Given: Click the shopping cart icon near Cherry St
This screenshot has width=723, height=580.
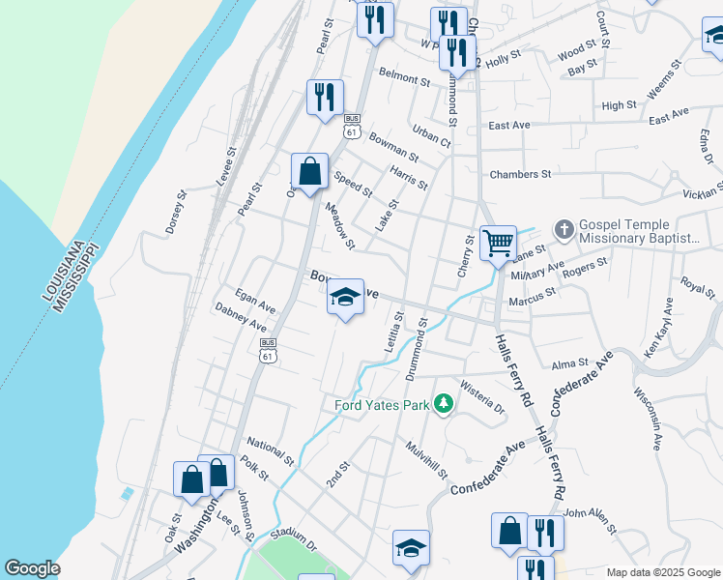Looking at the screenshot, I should coord(498,241).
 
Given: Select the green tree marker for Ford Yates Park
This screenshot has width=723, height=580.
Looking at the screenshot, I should coord(444,402).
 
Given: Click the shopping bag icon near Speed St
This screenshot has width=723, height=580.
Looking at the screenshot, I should coord(309,171).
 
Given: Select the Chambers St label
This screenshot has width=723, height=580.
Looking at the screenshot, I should coord(520,175).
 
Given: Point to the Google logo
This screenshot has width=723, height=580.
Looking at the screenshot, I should coord(32,569).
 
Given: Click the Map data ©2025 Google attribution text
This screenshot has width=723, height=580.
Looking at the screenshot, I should coord(663,572).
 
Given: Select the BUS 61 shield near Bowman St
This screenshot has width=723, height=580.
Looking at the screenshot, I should coord(352,125).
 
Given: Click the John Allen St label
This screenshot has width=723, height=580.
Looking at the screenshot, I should coord(590,521).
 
